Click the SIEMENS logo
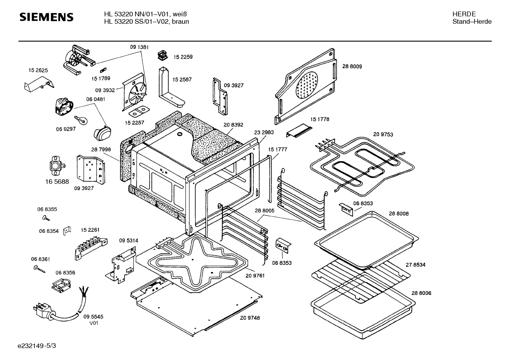(46, 17)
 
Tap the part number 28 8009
(352, 66)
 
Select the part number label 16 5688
(57, 181)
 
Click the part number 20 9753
(383, 135)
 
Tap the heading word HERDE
(464, 14)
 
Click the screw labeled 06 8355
(46, 219)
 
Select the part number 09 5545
(93, 317)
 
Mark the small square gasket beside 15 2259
(163, 55)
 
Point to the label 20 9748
(250, 318)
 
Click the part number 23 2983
(264, 132)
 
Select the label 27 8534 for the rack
(415, 265)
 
